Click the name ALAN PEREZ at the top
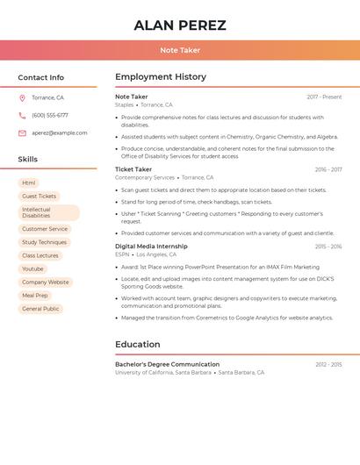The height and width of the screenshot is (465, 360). tap(180, 25)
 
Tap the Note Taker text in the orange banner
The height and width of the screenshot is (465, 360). tap(180, 50)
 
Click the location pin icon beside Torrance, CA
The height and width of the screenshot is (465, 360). tap(22, 98)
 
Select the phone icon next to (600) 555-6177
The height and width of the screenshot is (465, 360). tap(22, 115)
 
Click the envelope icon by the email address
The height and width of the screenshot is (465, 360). tap(22, 133)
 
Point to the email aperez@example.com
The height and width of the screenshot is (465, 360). tap(60, 133)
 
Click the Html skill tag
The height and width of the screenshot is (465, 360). tap(29, 182)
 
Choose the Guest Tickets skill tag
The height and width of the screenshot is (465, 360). tap(39, 197)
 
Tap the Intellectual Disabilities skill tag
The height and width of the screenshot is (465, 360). tap(48, 212)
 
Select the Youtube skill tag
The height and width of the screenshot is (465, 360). tap(32, 268)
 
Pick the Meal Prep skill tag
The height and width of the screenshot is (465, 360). tap(35, 296)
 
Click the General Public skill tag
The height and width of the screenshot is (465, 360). tap(40, 309)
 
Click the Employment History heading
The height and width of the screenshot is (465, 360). tap(161, 77)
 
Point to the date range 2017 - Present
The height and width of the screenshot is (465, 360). tap(324, 97)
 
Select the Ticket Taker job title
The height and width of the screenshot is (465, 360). tap(133, 169)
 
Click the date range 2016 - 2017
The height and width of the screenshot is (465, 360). tap(328, 169)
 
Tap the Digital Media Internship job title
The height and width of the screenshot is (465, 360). tap(151, 247)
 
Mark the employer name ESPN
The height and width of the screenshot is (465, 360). tap(122, 254)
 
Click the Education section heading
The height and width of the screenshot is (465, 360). tap(138, 344)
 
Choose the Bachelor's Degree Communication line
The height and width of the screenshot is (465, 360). tap(167, 364)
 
